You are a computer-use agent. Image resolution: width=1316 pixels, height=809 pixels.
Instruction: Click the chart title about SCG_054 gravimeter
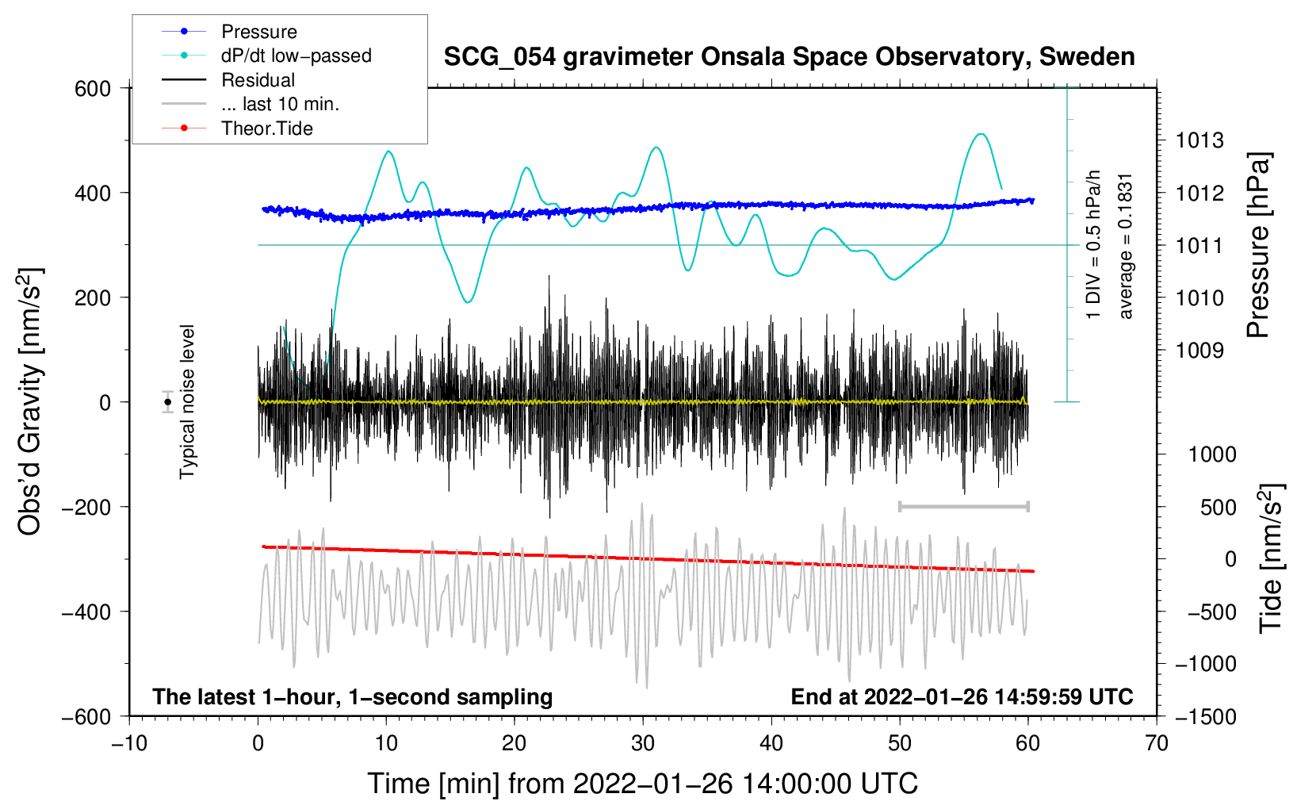click(x=789, y=57)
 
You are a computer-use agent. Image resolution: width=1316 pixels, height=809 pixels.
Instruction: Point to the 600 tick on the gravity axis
click(x=93, y=89)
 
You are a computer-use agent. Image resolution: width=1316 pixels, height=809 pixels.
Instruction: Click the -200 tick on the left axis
click(x=86, y=507)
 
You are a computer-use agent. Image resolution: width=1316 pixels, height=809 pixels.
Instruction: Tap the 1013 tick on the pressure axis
click(x=1200, y=140)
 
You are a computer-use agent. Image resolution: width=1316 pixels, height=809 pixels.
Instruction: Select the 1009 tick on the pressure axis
click(x=1200, y=351)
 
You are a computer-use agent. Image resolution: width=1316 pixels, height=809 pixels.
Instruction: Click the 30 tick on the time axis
click(x=643, y=743)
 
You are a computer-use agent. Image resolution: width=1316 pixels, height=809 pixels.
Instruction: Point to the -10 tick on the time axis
click(x=129, y=743)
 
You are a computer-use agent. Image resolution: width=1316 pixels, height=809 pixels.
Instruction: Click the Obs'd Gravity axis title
click(x=30, y=401)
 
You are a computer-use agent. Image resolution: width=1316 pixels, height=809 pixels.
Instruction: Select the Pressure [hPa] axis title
click(x=1258, y=245)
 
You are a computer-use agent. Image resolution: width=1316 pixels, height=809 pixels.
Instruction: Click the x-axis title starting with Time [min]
click(x=643, y=784)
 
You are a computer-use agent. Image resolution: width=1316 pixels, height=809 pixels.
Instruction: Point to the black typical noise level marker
click(x=167, y=402)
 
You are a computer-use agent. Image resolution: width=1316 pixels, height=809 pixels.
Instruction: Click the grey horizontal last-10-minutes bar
click(x=964, y=506)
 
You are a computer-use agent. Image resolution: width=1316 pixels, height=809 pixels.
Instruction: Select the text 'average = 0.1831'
click(x=1125, y=247)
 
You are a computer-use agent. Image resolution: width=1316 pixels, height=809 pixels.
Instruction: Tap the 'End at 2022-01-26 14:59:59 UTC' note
click(x=962, y=696)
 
